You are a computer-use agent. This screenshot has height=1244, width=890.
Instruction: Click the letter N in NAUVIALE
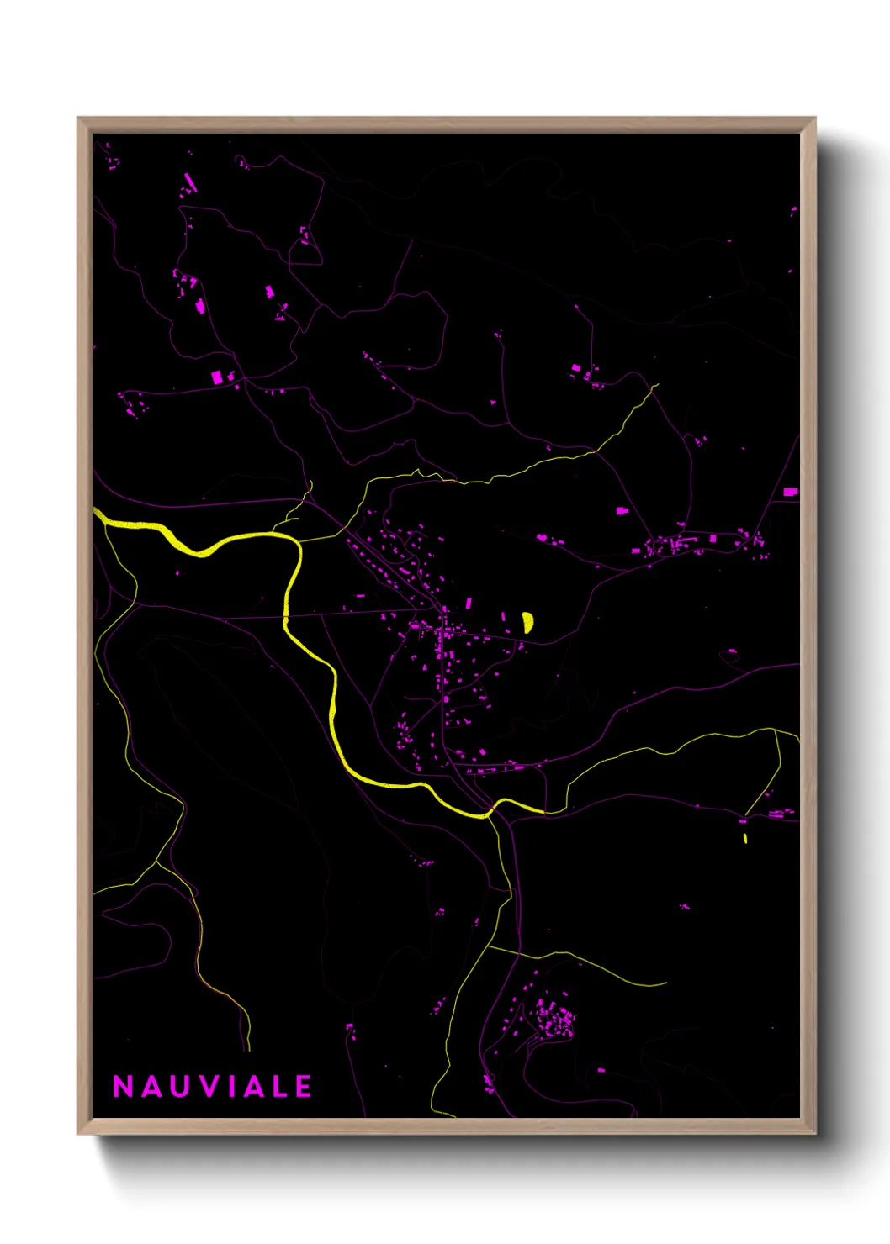click(x=124, y=1087)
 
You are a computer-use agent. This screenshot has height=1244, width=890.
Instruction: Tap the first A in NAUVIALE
click(x=152, y=1087)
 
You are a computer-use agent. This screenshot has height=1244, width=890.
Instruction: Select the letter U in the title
click(x=181, y=1087)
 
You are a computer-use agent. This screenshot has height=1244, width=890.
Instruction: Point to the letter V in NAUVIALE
click(x=210, y=1087)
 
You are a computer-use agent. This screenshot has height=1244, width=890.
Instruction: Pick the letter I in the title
click(x=232, y=1087)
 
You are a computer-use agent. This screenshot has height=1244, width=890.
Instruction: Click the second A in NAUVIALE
click(x=254, y=1087)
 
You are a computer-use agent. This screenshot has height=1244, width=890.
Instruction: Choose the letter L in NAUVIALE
click(x=280, y=1087)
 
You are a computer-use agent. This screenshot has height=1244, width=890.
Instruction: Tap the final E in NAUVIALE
click(x=304, y=1087)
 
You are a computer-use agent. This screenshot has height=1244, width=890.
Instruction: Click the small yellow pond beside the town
click(x=527, y=622)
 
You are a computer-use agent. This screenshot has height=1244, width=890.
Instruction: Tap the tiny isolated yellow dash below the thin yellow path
click(x=745, y=838)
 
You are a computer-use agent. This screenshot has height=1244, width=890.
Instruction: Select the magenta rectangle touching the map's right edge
click(x=790, y=492)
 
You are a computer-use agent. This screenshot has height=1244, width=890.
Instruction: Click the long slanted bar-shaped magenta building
click(x=190, y=182)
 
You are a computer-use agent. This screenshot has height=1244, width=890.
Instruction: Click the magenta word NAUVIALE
click(x=213, y=1087)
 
